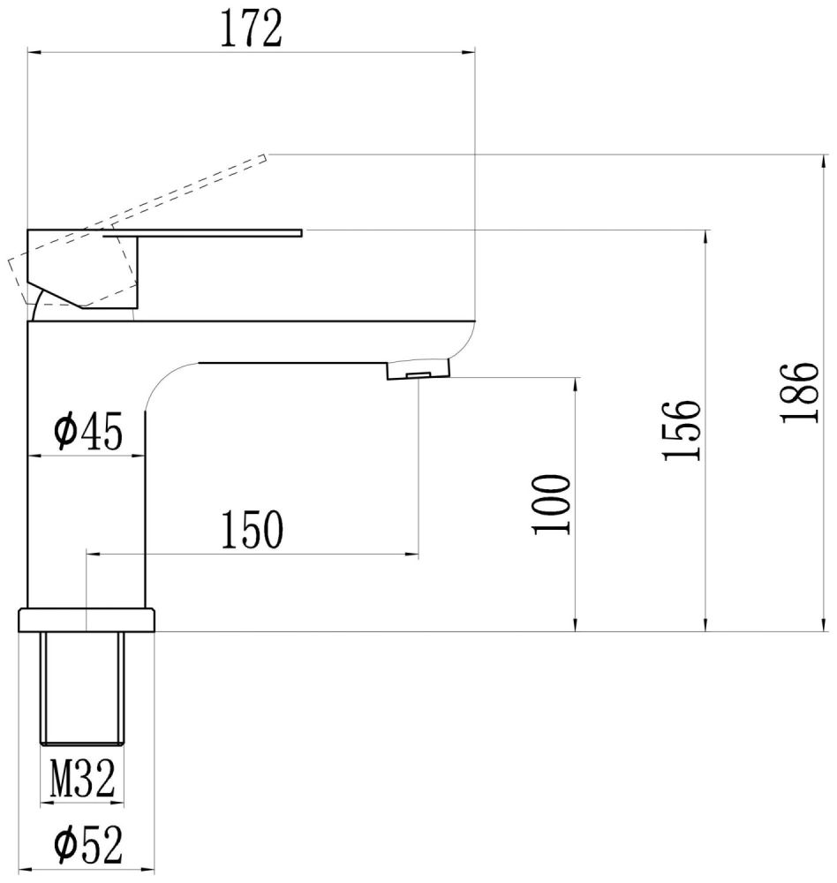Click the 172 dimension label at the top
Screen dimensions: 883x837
pyautogui.click(x=250, y=30)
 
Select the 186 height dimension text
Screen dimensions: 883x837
pyautogui.click(x=801, y=392)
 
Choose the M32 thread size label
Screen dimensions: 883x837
pyautogui.click(x=82, y=781)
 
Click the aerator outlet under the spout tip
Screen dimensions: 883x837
pyautogui.click(x=418, y=376)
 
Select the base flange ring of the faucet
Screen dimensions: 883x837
pyautogui.click(x=87, y=620)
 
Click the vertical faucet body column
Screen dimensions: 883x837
pyautogui.click(x=87, y=494)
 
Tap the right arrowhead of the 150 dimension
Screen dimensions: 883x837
pyautogui.click(x=412, y=555)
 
